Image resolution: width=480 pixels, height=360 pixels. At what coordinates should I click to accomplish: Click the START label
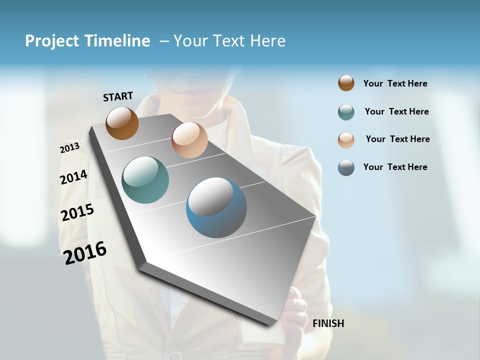(118, 96)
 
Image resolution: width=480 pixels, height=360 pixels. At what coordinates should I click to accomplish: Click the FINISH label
(328, 323)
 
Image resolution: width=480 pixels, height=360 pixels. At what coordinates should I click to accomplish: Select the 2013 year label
(69, 148)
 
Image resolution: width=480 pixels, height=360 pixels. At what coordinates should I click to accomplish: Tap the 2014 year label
(73, 177)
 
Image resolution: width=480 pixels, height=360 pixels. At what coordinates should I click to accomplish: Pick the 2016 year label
(85, 252)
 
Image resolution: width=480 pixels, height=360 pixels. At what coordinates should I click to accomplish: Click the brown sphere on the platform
(122, 123)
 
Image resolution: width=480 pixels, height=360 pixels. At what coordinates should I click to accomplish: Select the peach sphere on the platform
(189, 140)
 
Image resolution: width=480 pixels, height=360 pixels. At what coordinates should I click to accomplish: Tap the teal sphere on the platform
(145, 180)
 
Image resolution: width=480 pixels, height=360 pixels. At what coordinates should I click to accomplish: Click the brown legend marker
(346, 83)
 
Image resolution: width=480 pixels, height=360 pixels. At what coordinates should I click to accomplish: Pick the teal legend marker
(346, 112)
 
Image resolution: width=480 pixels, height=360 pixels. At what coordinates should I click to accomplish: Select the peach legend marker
(346, 139)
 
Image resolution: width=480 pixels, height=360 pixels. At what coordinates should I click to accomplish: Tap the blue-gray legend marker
(346, 167)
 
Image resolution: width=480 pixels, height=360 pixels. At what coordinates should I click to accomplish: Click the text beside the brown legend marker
(395, 83)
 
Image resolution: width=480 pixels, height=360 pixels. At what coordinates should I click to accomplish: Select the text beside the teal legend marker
(396, 111)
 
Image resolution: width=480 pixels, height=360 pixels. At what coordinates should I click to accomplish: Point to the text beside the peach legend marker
(397, 139)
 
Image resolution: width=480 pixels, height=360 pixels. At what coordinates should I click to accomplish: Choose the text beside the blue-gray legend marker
(395, 167)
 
